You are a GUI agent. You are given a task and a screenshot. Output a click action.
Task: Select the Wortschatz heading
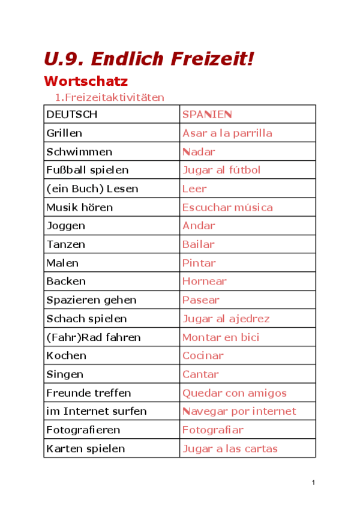[86, 81]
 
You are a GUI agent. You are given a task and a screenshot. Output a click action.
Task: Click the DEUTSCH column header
[71, 115]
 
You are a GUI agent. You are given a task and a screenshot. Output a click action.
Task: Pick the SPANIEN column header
[207, 115]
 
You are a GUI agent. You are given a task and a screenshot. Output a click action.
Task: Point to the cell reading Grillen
[64, 133]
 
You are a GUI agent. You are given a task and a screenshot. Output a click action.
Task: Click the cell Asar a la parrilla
[227, 133]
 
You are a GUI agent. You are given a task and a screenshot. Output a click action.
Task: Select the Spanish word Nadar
[199, 152]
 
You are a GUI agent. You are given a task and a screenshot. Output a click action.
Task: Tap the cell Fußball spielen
[87, 170]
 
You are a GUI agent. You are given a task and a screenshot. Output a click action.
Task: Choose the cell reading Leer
[194, 188]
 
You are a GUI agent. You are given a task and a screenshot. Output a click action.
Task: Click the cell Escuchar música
[227, 207]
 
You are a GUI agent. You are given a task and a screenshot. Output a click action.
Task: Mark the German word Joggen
[65, 226]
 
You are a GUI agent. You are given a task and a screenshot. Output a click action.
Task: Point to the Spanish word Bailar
[198, 244]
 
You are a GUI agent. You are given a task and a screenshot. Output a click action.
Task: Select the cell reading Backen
[66, 281]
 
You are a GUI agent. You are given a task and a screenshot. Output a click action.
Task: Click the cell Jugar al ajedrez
[226, 318]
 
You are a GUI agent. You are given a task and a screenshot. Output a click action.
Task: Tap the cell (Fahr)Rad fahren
[93, 337]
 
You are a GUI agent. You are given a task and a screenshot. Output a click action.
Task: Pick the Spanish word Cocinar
[203, 355]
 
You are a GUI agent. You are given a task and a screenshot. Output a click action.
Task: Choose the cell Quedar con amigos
[234, 393]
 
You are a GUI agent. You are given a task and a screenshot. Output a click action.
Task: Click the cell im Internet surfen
[96, 411]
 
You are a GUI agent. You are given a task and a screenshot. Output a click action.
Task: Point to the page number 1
[313, 483]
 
